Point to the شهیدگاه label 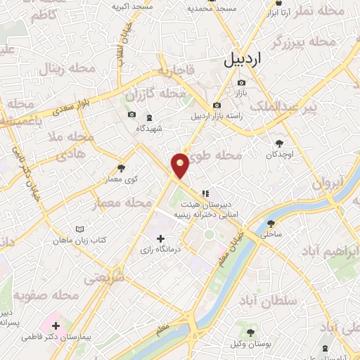coord(149,129)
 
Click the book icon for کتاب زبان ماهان coord(79,229)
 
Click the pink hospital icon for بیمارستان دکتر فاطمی coord(56,326)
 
